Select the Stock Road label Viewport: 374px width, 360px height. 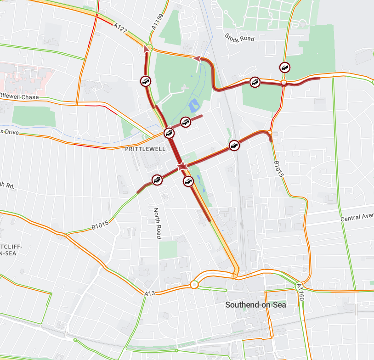coord(239,37)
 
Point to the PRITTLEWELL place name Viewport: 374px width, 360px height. coord(145,149)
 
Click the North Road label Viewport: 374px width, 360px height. coord(157,223)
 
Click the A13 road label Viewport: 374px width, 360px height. coord(150,293)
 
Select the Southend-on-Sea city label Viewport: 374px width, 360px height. coord(255,304)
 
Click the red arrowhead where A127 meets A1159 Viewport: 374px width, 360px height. coord(147,47)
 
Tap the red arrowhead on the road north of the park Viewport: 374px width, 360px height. coord(196,58)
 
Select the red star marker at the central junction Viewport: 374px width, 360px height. coord(182,166)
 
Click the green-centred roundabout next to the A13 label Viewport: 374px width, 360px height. coord(194,285)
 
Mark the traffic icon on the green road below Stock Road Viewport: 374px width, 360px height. coord(285,67)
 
